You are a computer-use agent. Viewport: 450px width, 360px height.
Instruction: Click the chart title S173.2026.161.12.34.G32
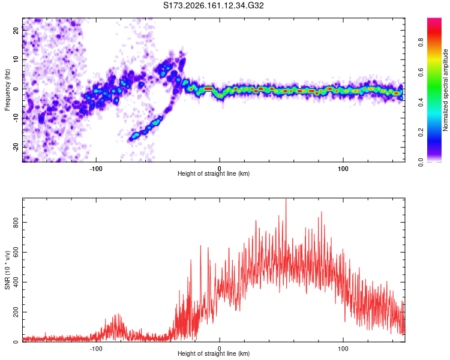[213, 5]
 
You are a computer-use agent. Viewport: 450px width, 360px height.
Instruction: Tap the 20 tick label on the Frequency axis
[16, 30]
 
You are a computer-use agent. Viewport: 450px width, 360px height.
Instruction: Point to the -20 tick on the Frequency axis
[16, 147]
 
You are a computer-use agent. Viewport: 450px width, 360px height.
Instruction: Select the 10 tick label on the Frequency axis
[16, 59]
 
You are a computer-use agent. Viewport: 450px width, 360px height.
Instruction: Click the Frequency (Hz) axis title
[7, 90]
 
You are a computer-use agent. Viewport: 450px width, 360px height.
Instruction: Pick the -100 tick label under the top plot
[96, 169]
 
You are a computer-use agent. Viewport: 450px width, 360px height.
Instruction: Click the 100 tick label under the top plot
[343, 169]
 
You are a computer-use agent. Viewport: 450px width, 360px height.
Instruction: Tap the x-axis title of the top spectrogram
[214, 173]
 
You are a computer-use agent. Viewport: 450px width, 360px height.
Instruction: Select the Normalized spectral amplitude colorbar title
[445, 90]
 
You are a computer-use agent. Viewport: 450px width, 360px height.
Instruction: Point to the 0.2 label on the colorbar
[421, 133]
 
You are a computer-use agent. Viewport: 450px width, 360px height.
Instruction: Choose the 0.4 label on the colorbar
[421, 103]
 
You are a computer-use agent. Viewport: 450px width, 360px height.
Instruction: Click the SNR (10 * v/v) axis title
[7, 270]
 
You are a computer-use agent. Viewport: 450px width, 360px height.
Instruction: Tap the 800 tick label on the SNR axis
[16, 223]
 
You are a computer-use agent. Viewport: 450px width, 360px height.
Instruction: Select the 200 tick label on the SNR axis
[16, 312]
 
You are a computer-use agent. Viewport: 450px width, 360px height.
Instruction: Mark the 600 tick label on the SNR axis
[16, 253]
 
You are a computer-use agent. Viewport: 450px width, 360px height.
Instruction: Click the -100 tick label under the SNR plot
[96, 349]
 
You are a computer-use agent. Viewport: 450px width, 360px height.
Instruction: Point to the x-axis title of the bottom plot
[214, 353]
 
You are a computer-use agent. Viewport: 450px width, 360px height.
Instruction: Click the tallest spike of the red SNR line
[286, 199]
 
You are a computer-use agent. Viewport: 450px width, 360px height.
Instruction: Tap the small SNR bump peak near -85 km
[118, 314]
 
